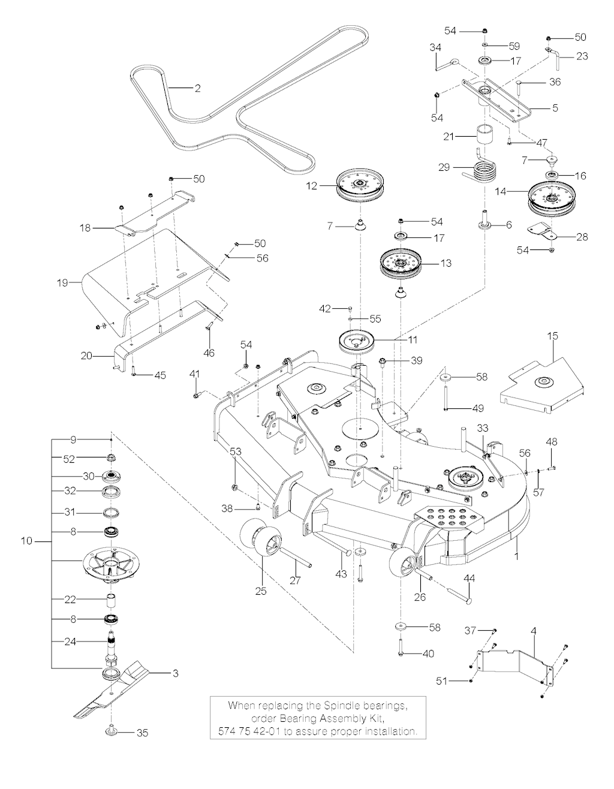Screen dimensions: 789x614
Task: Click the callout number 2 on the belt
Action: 197,89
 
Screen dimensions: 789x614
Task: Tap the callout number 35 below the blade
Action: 142,733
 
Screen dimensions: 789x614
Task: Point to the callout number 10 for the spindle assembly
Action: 26,541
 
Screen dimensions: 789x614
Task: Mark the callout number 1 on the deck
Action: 516,556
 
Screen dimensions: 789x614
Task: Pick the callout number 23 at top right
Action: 582,56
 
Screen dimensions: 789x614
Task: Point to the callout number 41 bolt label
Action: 194,374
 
